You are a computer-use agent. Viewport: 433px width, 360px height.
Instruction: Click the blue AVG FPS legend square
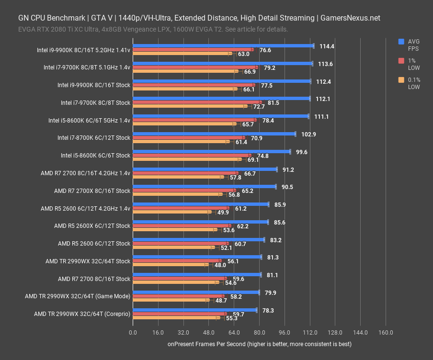point(401,42)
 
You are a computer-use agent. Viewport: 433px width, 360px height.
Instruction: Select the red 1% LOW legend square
point(401,61)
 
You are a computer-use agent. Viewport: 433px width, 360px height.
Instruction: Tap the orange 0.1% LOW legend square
point(401,80)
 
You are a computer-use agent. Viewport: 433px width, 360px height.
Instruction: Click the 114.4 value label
point(327,46)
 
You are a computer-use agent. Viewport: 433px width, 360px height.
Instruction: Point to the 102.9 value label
point(308,134)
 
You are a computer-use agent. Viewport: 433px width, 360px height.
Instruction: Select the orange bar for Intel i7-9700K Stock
point(189,106)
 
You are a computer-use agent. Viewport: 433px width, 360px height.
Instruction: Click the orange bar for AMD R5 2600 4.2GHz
point(171,212)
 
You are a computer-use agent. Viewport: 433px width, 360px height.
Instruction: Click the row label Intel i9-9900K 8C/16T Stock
point(94,85)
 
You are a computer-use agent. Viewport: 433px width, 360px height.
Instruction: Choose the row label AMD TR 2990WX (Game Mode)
point(78,296)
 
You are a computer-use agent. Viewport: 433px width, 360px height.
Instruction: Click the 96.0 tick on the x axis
point(285,333)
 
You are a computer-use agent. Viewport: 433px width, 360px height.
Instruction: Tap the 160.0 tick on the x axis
point(386,333)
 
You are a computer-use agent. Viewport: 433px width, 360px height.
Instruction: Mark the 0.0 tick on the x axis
point(133,333)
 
